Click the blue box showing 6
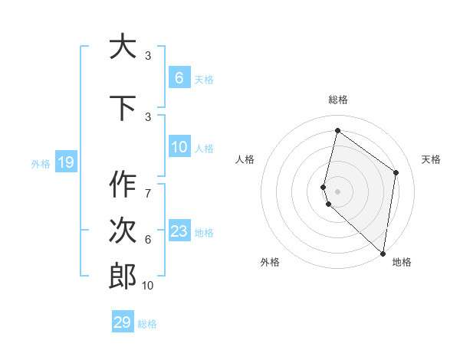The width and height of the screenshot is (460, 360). [x=179, y=77]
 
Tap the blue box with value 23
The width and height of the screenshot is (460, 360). [x=179, y=231]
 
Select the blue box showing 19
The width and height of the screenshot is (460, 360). [x=65, y=162]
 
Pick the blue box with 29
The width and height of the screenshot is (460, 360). [x=123, y=322]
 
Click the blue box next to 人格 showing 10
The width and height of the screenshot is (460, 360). [x=179, y=147]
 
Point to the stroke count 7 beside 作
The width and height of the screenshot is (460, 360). [x=148, y=186]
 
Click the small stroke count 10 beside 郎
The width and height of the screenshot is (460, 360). [x=148, y=286]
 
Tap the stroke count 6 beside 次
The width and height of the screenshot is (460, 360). [x=148, y=240]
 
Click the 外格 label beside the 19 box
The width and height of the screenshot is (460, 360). [x=41, y=162]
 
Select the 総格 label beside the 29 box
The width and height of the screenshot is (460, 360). [x=147, y=323]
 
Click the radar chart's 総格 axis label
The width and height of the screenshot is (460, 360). [x=338, y=100]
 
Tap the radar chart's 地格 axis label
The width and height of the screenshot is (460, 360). [x=402, y=262]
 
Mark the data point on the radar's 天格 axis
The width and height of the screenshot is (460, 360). [x=396, y=172]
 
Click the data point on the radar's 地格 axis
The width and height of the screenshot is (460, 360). [x=383, y=253]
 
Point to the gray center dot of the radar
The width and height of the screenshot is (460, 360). [x=338, y=191]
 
